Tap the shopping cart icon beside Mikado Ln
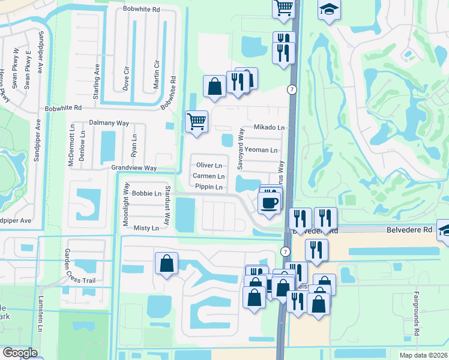[x=197, y=122]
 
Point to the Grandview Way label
[x=133, y=169]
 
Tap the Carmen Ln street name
[x=208, y=176]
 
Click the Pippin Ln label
[x=209, y=187]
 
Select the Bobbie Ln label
[x=146, y=193]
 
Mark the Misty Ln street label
[x=146, y=228]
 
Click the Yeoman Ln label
[x=261, y=150]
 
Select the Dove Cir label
[x=126, y=76]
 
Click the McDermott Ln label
[x=71, y=146]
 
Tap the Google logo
[x=20, y=353]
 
